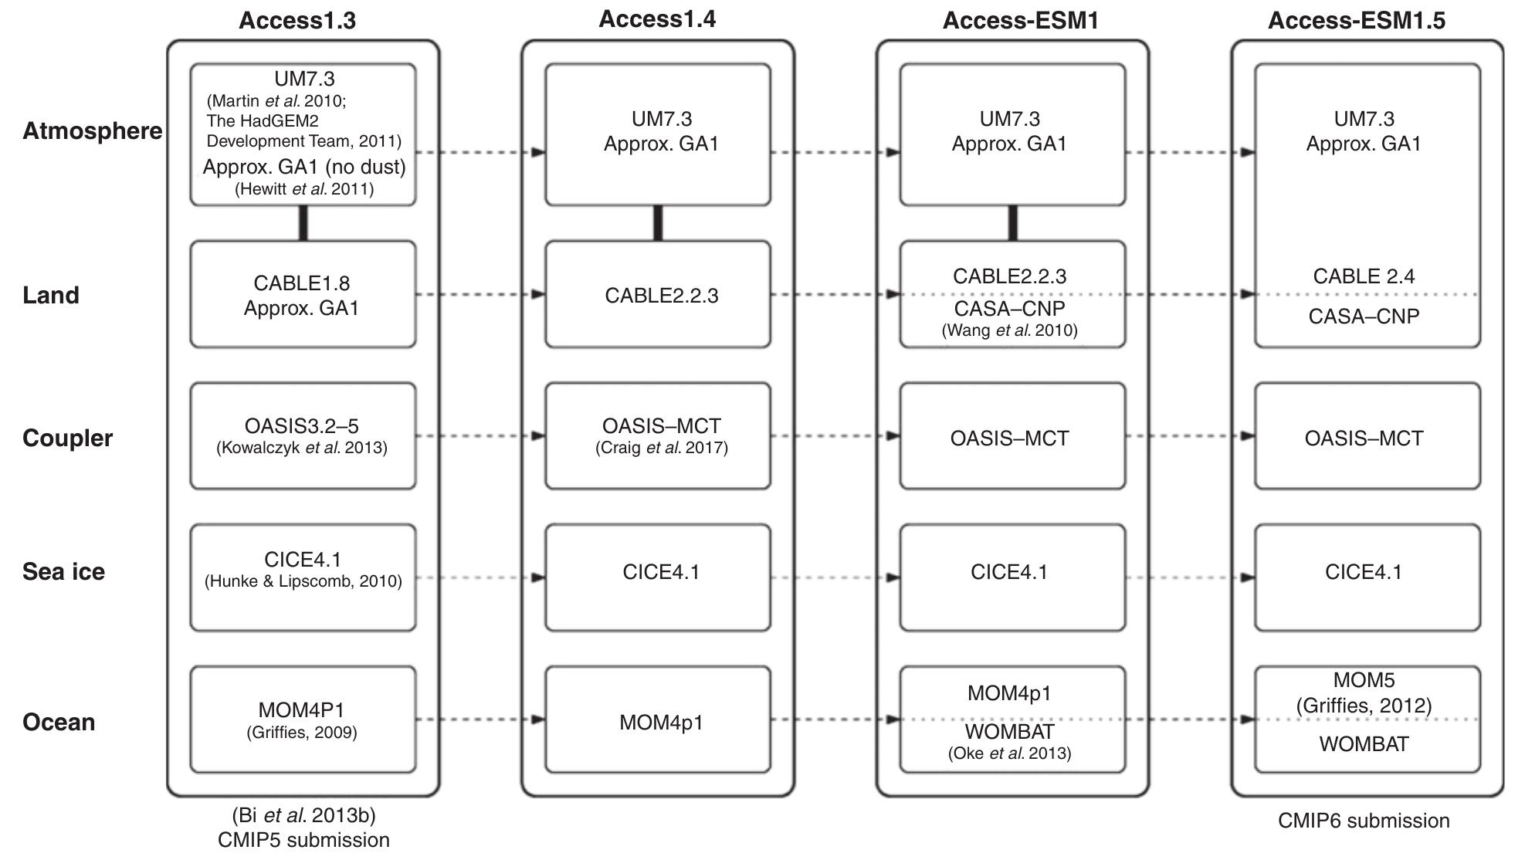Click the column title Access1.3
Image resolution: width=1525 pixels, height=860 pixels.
click(297, 20)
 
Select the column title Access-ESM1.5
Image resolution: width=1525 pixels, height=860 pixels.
click(1356, 20)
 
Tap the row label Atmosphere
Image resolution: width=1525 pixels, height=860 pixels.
click(92, 130)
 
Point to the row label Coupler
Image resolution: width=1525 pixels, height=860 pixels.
click(67, 438)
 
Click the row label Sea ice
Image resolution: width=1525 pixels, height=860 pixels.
click(63, 571)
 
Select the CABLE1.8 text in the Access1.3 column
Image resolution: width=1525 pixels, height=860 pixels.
click(301, 283)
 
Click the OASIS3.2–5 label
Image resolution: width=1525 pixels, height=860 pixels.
click(301, 425)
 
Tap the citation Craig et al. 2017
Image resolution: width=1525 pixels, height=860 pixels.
click(661, 448)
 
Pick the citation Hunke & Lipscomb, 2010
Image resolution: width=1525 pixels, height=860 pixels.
click(303, 581)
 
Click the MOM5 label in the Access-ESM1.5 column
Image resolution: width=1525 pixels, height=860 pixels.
click(1364, 680)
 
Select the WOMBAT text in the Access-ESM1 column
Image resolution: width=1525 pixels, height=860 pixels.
click(1009, 731)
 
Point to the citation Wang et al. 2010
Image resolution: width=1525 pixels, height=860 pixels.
click(1009, 330)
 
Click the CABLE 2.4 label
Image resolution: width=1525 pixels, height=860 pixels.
click(1364, 276)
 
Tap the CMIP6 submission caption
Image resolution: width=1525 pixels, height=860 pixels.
click(1364, 821)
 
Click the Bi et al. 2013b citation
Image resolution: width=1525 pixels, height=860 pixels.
click(303, 815)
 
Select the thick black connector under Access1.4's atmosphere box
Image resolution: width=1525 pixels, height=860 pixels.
click(658, 223)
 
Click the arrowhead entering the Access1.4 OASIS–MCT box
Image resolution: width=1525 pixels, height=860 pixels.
click(538, 436)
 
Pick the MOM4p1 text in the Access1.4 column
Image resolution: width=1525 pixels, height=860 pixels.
click(661, 723)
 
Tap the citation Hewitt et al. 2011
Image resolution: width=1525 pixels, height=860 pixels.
click(303, 189)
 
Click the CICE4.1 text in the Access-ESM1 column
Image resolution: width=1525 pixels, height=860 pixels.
click(1009, 572)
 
